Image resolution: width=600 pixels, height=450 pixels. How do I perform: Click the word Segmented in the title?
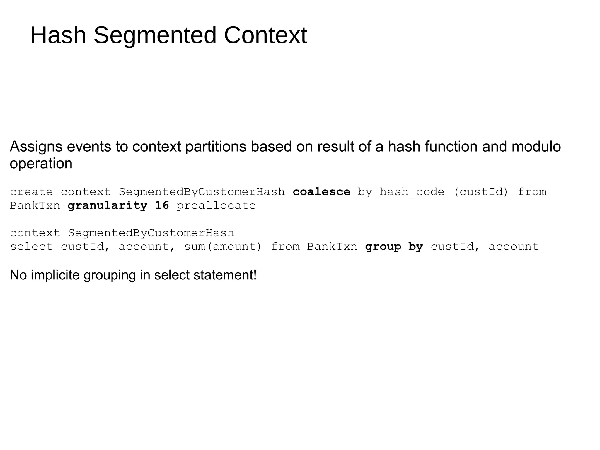155,36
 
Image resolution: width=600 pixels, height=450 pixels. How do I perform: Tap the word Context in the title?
265,35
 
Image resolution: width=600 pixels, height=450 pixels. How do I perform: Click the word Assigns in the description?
36,147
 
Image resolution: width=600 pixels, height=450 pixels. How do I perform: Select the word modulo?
536,147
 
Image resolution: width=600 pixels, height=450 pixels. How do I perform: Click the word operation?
41,164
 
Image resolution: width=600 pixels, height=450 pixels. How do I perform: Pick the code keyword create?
31,192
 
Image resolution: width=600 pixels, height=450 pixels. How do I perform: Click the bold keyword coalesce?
321,192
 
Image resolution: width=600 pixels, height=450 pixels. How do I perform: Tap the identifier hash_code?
412,192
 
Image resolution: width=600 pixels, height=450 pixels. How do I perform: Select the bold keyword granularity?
108,206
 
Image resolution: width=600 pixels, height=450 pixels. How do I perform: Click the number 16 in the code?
162,206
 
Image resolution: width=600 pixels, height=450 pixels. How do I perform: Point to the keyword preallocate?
216,206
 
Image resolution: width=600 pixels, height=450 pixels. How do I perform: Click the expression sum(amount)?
223,247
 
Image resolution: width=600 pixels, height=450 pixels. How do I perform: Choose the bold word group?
383,247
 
